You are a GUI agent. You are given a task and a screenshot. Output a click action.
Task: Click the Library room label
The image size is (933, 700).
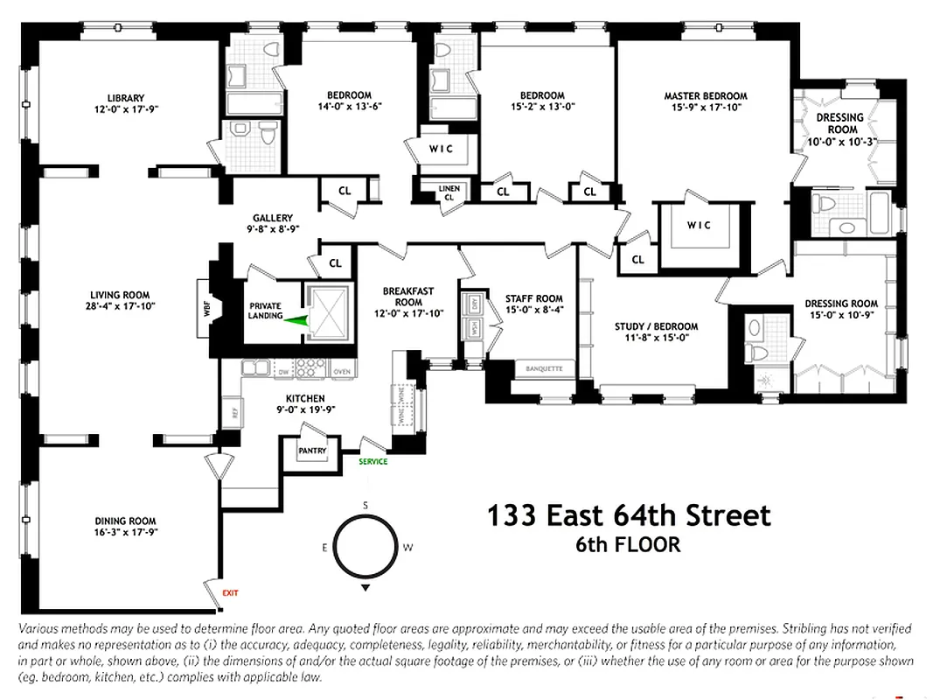click(126, 98)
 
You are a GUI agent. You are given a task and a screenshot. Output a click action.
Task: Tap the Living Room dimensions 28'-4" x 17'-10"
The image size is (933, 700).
click(120, 306)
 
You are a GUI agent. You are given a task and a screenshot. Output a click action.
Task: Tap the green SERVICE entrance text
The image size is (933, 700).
click(373, 461)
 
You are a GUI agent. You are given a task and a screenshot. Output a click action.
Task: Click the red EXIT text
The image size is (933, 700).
click(230, 593)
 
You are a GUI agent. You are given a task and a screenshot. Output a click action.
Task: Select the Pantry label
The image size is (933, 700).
click(312, 451)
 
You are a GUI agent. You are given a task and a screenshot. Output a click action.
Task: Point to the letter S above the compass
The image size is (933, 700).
click(366, 506)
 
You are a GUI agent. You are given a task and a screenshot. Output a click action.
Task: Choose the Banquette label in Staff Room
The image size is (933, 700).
click(544, 368)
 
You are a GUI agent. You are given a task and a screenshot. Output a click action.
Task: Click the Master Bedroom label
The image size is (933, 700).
click(705, 96)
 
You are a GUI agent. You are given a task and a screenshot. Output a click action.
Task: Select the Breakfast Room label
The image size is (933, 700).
click(408, 297)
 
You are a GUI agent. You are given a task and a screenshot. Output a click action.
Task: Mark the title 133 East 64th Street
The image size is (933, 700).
click(629, 515)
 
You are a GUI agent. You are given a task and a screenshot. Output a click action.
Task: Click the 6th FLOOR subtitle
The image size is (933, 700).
click(627, 544)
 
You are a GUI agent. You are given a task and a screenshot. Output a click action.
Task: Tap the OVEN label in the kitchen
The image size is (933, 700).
click(341, 373)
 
